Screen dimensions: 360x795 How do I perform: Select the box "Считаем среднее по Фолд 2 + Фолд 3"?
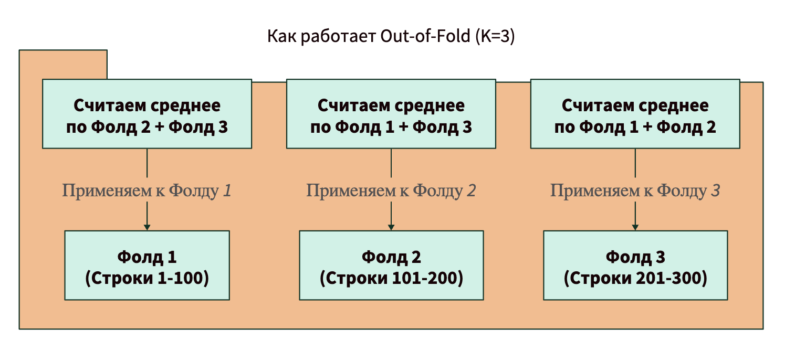click(147, 114)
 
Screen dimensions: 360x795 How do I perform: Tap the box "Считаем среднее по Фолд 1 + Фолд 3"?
click(391, 114)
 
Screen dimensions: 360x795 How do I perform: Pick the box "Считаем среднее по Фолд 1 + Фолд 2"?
click(635, 114)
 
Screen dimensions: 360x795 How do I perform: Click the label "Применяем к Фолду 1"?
click(147, 190)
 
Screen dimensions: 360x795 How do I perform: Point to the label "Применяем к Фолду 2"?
click(391, 190)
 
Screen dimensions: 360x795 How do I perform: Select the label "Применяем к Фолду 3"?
click(635, 190)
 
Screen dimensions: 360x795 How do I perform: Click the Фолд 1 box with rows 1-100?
click(147, 265)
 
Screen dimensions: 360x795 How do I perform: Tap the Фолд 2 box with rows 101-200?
click(391, 265)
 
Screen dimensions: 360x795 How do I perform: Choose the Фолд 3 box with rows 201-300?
click(635, 265)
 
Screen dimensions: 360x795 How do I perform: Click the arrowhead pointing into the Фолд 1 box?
click(147, 227)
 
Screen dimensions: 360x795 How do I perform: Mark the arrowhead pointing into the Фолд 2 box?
click(391, 227)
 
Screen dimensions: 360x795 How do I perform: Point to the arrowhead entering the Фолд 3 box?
click(635, 227)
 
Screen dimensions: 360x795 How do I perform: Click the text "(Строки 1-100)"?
click(147, 279)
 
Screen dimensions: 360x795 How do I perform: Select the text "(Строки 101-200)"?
click(391, 279)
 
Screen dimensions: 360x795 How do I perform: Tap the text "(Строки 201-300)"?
click(635, 279)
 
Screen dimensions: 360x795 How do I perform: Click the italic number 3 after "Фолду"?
click(715, 190)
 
